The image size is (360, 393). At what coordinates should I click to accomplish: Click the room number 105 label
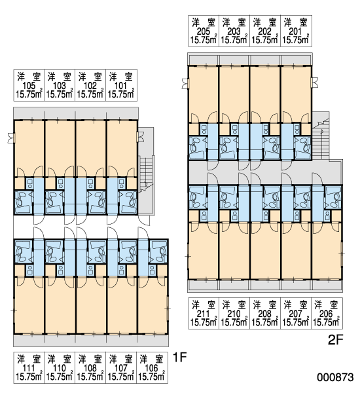(29, 86)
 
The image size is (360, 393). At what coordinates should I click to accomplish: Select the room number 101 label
(120, 86)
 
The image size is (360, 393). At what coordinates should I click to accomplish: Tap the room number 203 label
(234, 31)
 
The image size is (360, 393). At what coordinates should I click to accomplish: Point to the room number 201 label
(296, 31)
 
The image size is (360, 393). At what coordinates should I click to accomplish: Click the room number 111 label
(29, 368)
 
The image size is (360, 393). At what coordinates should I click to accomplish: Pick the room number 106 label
(152, 368)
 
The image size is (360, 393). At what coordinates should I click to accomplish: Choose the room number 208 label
(265, 314)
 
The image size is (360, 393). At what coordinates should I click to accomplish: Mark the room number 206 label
(326, 314)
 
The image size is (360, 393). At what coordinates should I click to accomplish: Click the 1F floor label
(180, 357)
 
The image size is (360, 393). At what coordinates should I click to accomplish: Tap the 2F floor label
(335, 340)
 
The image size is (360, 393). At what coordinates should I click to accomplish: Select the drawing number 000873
(336, 377)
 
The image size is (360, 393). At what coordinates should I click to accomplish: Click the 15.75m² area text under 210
(234, 322)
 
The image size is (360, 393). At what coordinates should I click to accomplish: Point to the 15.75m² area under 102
(90, 94)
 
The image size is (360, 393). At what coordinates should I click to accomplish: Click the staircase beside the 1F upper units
(146, 173)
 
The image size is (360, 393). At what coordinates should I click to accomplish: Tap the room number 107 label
(121, 368)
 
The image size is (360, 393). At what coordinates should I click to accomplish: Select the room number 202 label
(265, 31)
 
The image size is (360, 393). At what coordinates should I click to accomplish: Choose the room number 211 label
(204, 314)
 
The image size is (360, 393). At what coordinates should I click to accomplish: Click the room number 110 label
(60, 368)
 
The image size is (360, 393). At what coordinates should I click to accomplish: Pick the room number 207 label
(296, 314)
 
